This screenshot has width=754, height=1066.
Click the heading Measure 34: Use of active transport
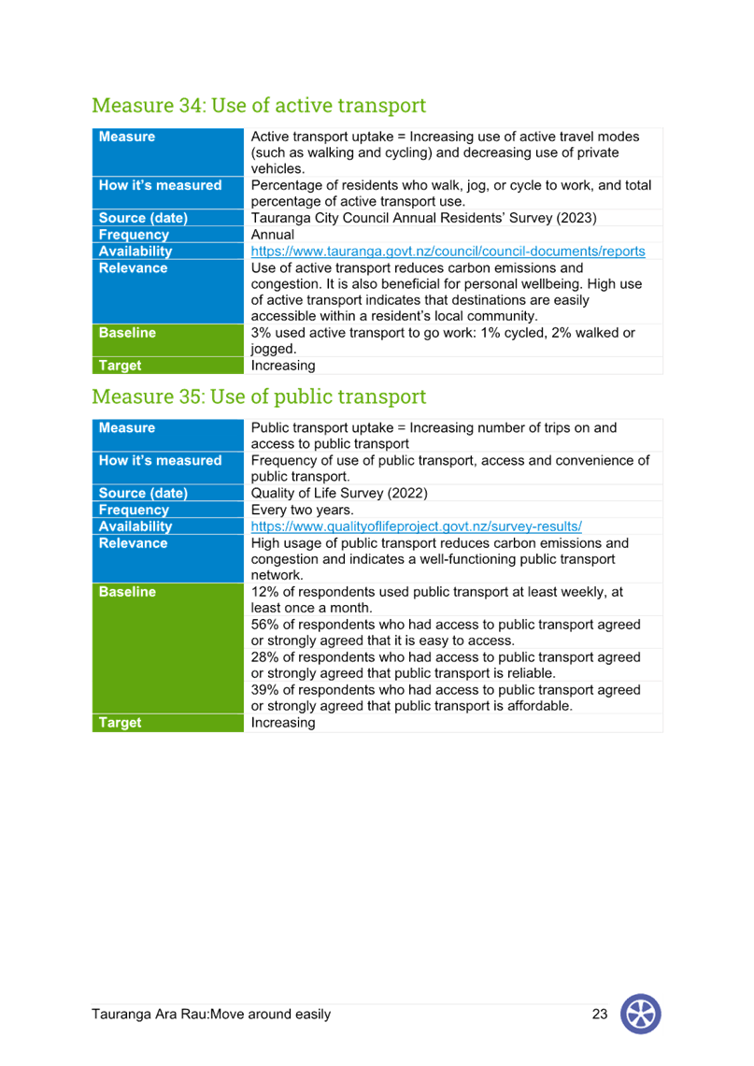coord(259,106)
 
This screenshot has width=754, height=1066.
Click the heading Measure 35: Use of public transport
coord(259,396)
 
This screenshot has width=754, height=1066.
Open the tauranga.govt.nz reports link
coord(448,251)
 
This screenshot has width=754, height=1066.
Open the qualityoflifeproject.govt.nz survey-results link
coord(417,526)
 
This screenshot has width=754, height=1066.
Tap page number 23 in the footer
coord(600,1014)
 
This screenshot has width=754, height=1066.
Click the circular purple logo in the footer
coord(641,1014)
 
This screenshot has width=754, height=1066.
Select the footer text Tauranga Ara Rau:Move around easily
coord(211,1015)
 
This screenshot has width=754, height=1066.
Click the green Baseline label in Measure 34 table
coord(127,333)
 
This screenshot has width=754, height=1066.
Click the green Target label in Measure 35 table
coord(121,723)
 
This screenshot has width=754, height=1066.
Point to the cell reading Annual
coord(273,235)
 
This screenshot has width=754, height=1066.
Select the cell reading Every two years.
coord(303,510)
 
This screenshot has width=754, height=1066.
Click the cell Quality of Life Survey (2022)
coord(339,493)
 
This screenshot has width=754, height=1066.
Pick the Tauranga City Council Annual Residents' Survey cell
coord(424,218)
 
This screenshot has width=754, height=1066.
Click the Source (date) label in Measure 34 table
coord(143,218)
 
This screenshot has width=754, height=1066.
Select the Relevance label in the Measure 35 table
coord(133,543)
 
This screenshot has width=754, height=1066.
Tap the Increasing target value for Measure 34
coord(283,366)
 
